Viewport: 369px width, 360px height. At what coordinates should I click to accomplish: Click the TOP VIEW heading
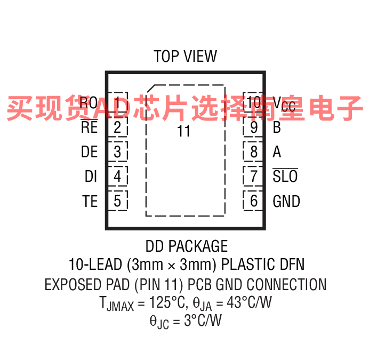(x=185, y=57)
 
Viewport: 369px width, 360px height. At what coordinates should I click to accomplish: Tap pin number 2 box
(x=118, y=128)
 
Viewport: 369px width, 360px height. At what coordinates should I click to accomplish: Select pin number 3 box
(x=118, y=152)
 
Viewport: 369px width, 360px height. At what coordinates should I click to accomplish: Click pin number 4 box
(x=118, y=176)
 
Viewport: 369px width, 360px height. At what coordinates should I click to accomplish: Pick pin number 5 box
(x=118, y=201)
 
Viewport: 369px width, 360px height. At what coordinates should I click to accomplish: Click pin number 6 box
(x=253, y=201)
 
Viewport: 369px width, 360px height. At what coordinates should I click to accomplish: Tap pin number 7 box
(x=253, y=176)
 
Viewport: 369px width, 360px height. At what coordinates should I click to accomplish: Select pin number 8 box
(x=253, y=152)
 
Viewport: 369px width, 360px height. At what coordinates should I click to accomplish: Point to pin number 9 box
(x=253, y=128)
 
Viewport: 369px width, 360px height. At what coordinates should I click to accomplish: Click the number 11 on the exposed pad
(x=183, y=131)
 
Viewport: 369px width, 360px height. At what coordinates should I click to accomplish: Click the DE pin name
(x=90, y=152)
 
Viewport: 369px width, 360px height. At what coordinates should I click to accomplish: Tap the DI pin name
(x=91, y=176)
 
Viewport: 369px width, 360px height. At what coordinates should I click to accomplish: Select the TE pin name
(x=90, y=201)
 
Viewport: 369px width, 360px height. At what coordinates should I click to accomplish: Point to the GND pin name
(x=286, y=201)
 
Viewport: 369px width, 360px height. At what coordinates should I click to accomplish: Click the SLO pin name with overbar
(x=285, y=176)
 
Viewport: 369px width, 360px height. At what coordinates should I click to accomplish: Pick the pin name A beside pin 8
(x=277, y=152)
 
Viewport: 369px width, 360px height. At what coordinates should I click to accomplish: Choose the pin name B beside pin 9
(x=277, y=128)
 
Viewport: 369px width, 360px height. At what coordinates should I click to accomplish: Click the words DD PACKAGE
(x=186, y=246)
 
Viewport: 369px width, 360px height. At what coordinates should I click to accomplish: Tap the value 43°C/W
(x=250, y=303)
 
